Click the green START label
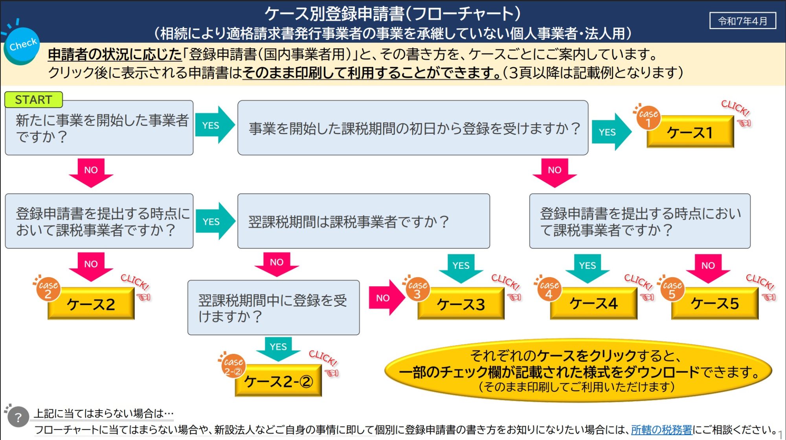tap(33, 99)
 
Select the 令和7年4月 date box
tap(742, 21)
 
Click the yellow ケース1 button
tap(690, 133)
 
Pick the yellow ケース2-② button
tap(278, 381)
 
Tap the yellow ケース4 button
tap(593, 304)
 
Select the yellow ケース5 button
tap(714, 304)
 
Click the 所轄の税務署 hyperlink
tap(661, 430)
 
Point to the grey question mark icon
tap(18, 417)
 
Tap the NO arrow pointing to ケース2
tap(91, 266)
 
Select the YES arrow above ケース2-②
tap(278, 348)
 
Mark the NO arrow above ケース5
tap(708, 268)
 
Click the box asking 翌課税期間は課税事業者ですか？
tap(364, 221)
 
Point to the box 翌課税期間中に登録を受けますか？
tap(273, 307)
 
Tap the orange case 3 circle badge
tap(417, 289)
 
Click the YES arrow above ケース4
tap(588, 268)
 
